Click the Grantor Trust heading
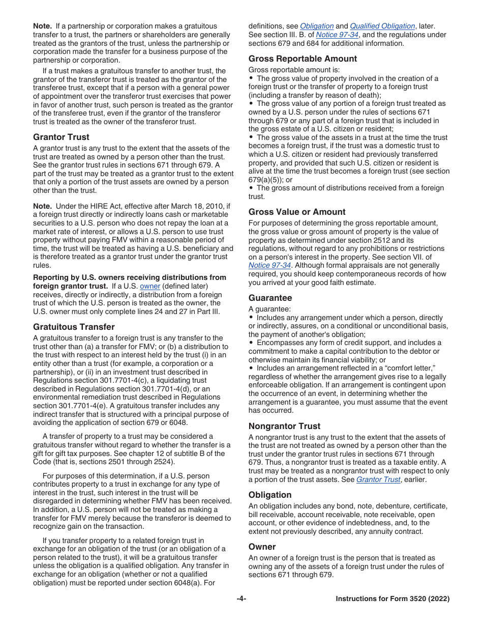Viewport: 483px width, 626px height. [x=61, y=137]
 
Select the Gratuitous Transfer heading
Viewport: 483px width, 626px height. [x=74, y=327]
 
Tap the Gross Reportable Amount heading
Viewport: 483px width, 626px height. [x=303, y=59]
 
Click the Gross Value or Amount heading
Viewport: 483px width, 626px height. [x=296, y=212]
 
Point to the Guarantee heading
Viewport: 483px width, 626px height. [x=270, y=298]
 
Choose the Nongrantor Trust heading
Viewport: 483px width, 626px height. [x=284, y=426]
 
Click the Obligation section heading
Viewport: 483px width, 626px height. [x=270, y=495]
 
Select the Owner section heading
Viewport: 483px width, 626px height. [x=262, y=547]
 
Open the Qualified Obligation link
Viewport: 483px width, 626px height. [x=382, y=26]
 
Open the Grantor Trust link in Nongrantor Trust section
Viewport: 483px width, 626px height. [x=378, y=479]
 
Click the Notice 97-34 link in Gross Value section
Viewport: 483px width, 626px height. [x=269, y=265]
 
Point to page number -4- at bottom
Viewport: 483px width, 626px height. [x=242, y=599]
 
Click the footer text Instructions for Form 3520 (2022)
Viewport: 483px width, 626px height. [x=393, y=599]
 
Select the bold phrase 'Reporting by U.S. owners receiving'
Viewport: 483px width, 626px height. [x=130, y=277]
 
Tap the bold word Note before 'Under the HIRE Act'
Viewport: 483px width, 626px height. [x=42, y=206]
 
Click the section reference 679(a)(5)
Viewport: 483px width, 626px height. [x=266, y=180]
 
